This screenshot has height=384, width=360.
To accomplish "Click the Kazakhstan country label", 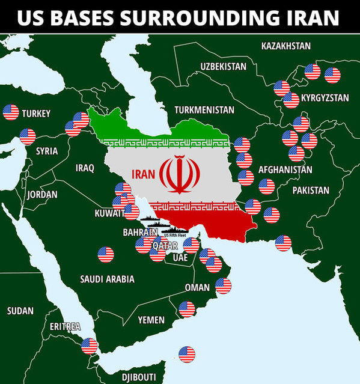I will (285, 46).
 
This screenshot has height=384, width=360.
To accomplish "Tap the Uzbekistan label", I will (223, 66).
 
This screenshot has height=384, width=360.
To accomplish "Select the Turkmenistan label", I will (204, 110).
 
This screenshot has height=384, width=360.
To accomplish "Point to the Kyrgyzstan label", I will (325, 97).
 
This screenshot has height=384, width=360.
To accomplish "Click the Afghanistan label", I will (285, 169).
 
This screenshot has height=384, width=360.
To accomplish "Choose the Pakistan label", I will (311, 190).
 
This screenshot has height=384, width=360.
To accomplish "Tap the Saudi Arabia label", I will (107, 279).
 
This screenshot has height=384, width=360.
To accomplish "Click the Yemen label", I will (151, 320).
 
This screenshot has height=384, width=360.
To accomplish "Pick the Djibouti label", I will (139, 377).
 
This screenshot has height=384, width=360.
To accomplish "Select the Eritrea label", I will (65, 326).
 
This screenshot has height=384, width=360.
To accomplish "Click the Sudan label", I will (20, 311).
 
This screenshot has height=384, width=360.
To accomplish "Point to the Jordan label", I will (43, 195).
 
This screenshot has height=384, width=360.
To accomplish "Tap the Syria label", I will (47, 151).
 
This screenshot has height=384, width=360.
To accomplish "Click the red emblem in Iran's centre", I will (179, 174).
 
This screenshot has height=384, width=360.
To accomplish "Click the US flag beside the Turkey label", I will (11, 112).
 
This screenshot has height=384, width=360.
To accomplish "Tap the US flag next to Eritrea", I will (89, 346).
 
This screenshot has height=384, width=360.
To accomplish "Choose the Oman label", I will (197, 287).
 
